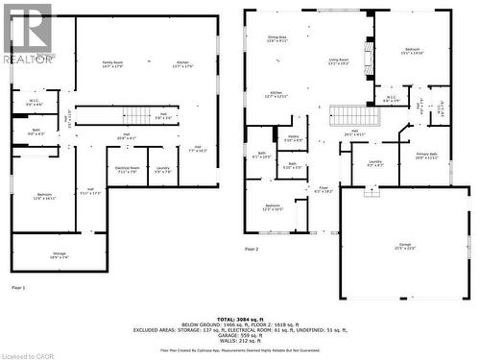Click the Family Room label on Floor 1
coord(113,65)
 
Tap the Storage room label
coord(60,255)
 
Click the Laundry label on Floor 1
coord(163,170)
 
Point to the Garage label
coord(395,247)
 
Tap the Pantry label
coord(293,138)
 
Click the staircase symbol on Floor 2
coord(348,116)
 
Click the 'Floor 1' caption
coord(18,287)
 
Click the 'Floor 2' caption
coord(252,249)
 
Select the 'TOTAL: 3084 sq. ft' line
coord(240,317)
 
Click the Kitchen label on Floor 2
coord(276,95)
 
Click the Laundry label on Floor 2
coord(374,164)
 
